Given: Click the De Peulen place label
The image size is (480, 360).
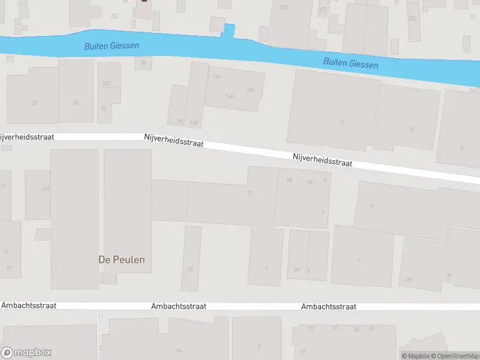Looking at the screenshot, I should [122, 260].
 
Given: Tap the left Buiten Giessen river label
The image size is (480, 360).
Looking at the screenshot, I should [112, 46].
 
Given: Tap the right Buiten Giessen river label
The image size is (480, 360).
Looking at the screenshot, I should [350, 62].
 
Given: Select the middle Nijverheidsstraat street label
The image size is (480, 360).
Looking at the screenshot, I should [174, 140].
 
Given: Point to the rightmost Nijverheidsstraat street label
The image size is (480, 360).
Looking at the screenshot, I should [322, 160].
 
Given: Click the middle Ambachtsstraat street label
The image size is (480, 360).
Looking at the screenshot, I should [179, 306].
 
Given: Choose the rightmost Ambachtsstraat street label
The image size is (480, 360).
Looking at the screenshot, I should [329, 307].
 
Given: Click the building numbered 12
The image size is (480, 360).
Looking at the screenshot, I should [342, 122].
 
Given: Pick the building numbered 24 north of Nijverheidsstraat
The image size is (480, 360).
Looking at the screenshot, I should [76, 103].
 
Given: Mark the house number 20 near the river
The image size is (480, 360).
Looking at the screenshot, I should [143, 62].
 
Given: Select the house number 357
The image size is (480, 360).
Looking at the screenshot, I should [412, 19].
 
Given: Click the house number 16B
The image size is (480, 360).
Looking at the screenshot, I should [229, 96].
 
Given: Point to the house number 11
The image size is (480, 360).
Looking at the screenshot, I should [250, 193].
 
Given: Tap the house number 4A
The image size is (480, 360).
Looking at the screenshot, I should [296, 269].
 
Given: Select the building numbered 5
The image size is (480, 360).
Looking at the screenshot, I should [371, 206].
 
